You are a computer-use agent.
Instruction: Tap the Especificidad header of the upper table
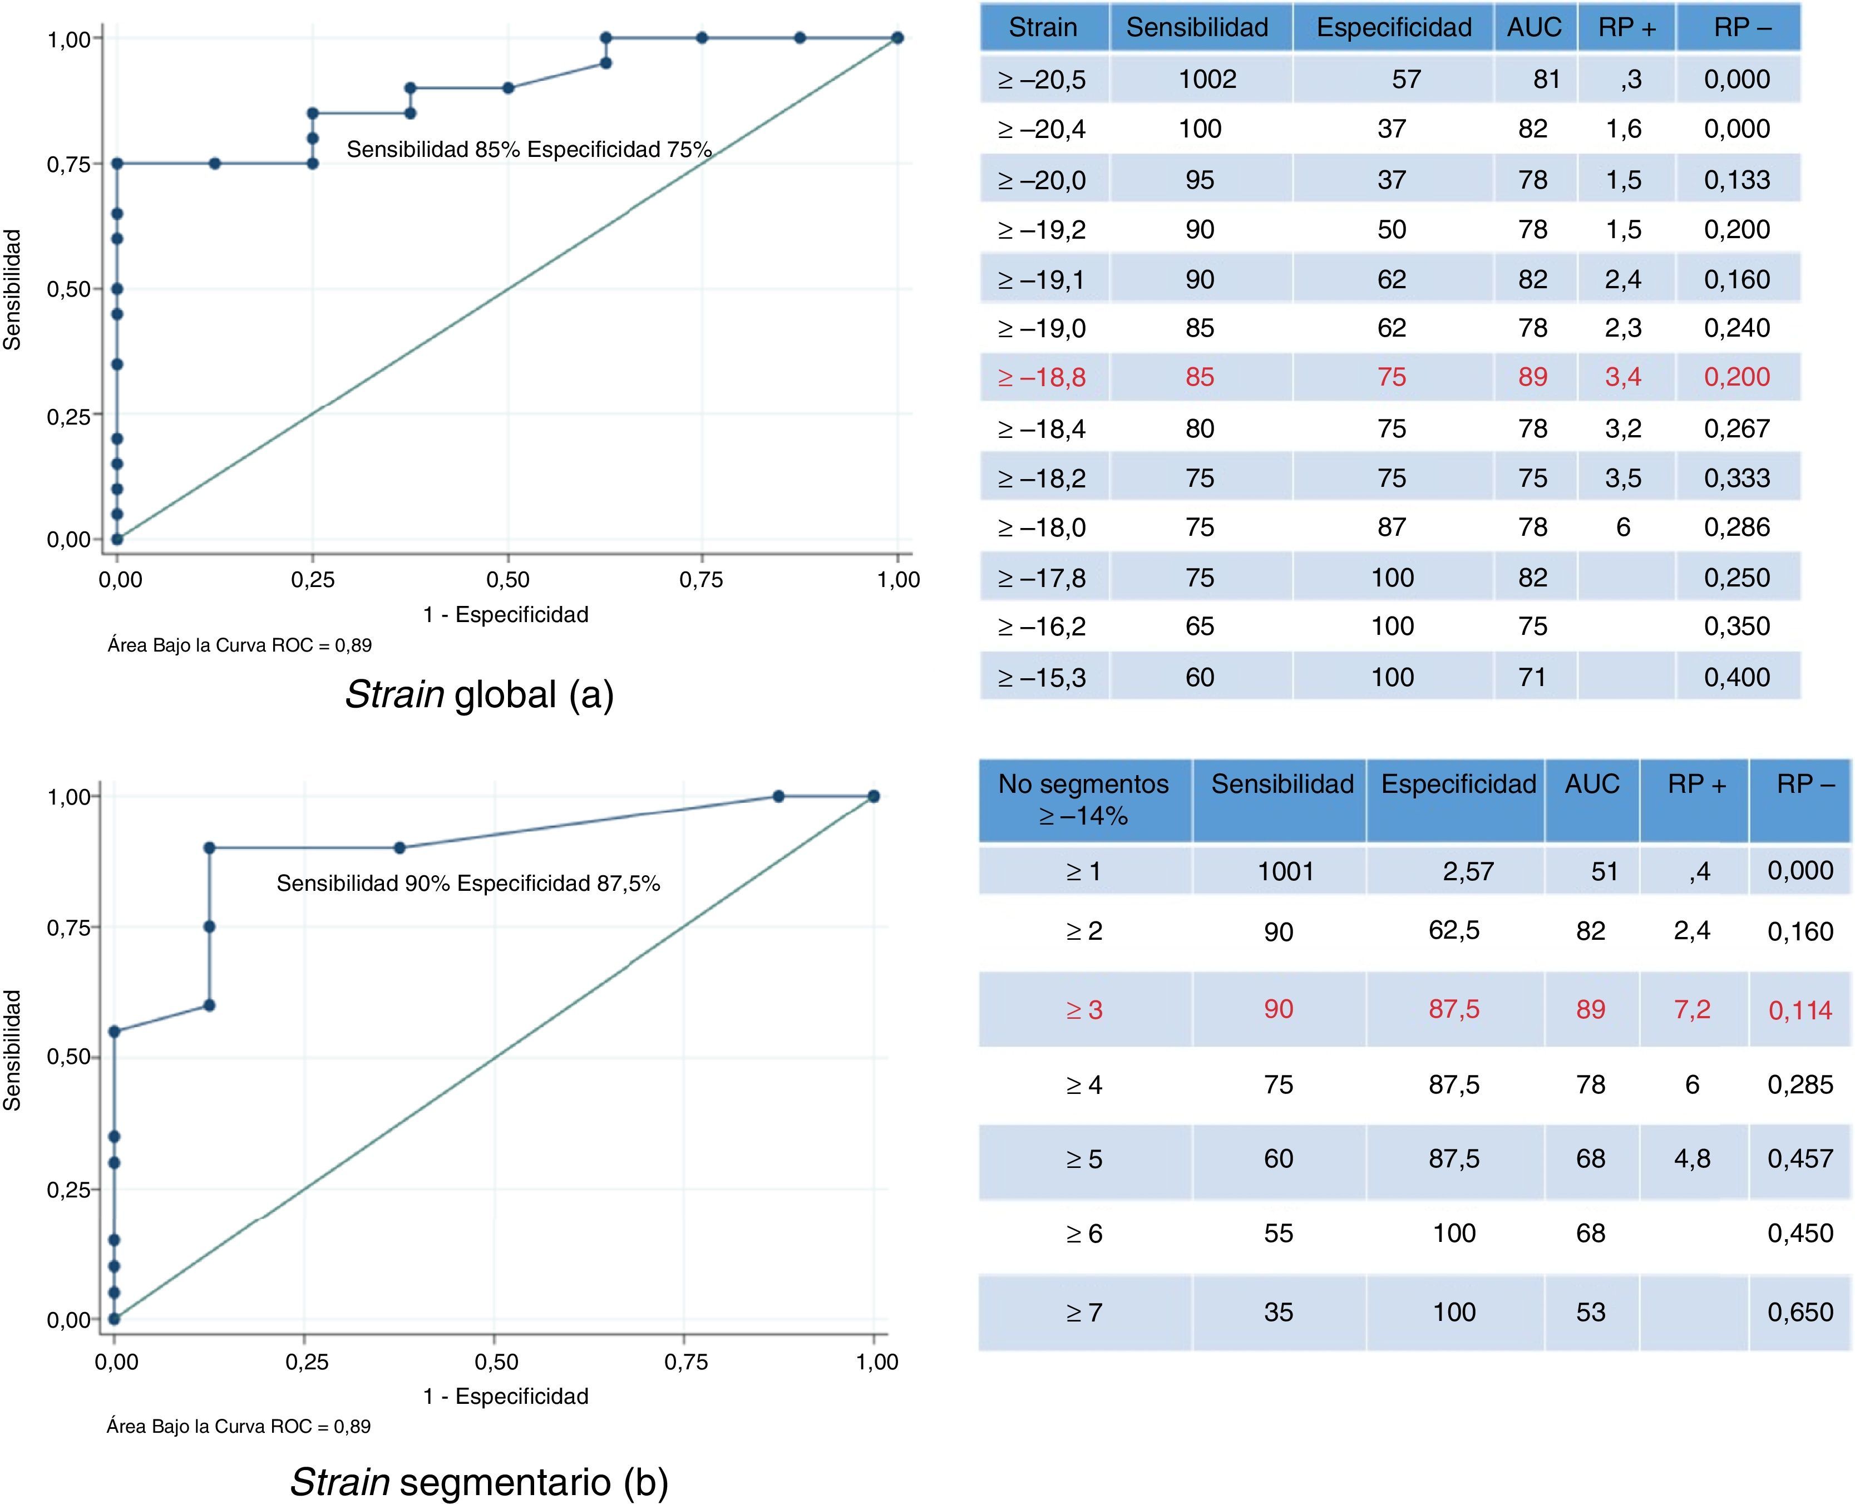[1393, 28]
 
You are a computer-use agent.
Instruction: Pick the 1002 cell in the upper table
[1207, 80]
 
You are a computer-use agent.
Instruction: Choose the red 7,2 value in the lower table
[1692, 1009]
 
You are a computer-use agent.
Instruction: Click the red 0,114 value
[1799, 1010]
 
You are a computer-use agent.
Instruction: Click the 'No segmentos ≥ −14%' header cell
[1083, 800]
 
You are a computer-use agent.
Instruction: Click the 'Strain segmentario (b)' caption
[479, 1482]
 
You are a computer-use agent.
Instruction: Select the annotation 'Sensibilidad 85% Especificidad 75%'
[529, 150]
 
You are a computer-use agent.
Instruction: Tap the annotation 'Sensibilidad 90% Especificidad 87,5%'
[468, 884]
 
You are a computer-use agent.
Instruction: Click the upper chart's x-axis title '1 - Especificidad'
[505, 615]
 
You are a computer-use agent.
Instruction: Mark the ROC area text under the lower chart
[238, 1426]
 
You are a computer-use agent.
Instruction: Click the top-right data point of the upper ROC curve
[897, 38]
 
